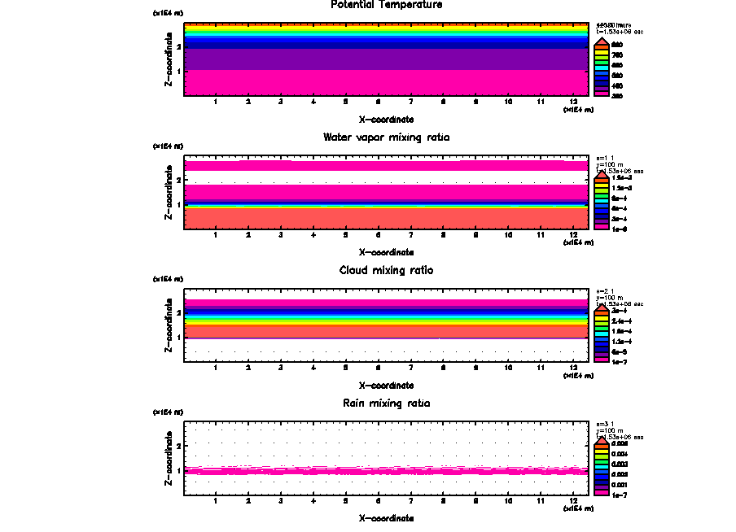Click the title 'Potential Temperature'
coord(387,5)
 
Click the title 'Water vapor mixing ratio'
coord(386,137)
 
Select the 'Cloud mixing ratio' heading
coord(386,270)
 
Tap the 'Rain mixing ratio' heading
coord(386,403)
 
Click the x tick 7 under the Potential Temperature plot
coord(410,102)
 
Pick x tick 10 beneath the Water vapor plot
coord(508,236)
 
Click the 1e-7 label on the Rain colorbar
coord(620,495)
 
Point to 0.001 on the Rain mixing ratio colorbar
coord(620,484)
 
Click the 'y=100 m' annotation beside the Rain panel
coord(608,430)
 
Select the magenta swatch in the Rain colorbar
coord(601,492)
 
